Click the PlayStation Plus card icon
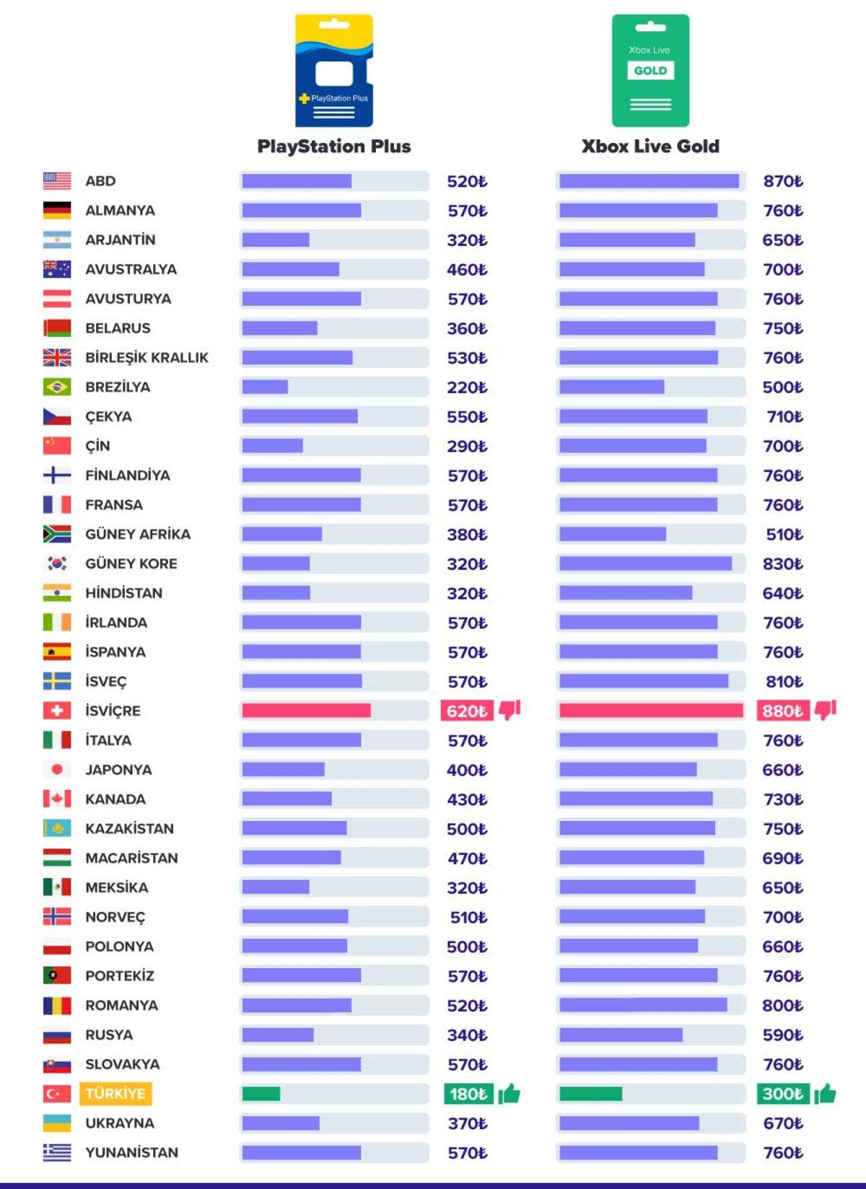[334, 71]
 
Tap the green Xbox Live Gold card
[650, 71]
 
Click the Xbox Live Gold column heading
[650, 146]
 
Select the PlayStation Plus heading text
[334, 146]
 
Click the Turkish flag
[57, 1094]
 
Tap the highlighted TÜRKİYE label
[115, 1094]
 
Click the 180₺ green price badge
[468, 1094]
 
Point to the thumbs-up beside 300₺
[825, 1094]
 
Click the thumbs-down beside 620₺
[509, 710]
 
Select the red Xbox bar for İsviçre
[650, 711]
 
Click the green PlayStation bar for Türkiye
[261, 1094]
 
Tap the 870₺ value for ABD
[783, 181]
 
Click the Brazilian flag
[57, 387]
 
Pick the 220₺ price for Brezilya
[467, 387]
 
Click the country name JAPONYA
[118, 770]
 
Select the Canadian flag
[57, 799]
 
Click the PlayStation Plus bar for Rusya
[278, 1035]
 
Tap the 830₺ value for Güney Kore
[783, 564]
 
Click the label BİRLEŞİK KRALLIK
[146, 358]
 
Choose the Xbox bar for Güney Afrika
[612, 535]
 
